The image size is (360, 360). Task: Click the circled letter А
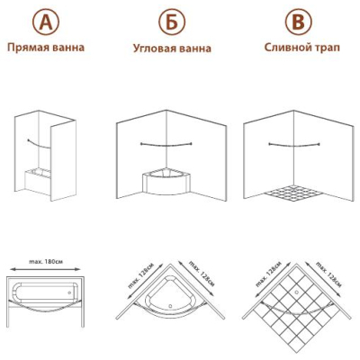[46, 22]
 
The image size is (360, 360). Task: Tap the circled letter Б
[172, 22]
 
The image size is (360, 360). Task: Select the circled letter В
[299, 22]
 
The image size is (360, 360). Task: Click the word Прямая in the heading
[24, 48]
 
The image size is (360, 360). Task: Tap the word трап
[328, 48]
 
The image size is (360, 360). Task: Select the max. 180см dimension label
[46, 262]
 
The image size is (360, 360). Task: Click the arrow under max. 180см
[45, 269]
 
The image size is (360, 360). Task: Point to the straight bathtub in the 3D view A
[38, 181]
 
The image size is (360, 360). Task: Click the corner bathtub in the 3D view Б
[166, 182]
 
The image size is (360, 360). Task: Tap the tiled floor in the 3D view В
[294, 193]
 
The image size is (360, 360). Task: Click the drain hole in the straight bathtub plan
[69, 292]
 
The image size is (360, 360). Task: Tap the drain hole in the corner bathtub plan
[170, 306]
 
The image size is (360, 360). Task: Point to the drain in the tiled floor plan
[297, 292]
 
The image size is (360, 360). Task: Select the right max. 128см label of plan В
[328, 274]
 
